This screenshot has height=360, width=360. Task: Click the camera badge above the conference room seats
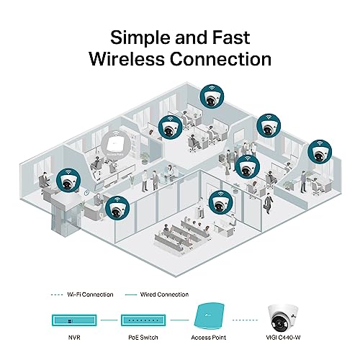tap(219, 203)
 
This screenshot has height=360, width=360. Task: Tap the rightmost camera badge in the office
tap(318, 153)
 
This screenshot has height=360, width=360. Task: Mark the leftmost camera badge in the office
tap(66, 180)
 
